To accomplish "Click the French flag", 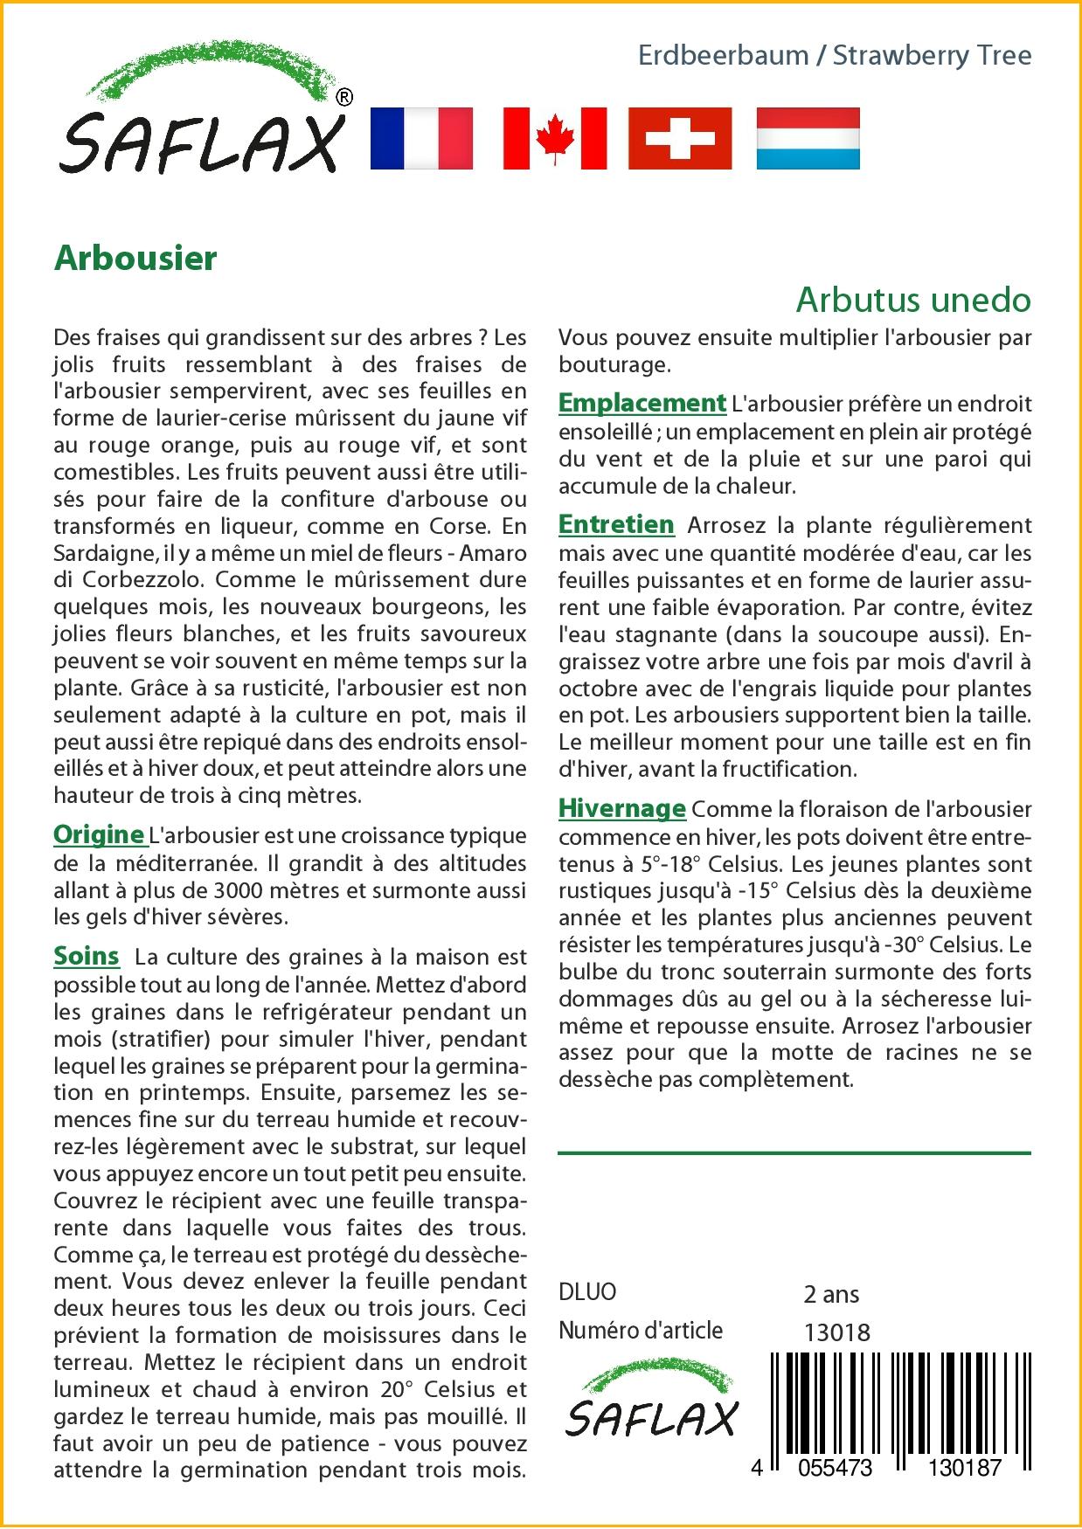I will click(x=421, y=138).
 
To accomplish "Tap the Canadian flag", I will click(x=554, y=138).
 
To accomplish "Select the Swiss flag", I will click(x=681, y=138).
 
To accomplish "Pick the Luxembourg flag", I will click(x=808, y=138).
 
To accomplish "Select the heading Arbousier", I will click(x=135, y=259).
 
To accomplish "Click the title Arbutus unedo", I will click(x=913, y=300).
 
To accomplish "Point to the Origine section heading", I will click(x=99, y=834).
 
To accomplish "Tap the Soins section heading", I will click(x=87, y=956).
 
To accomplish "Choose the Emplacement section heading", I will click(x=642, y=403).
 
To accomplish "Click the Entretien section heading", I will click(x=616, y=524).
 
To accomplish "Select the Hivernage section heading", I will click(x=622, y=808).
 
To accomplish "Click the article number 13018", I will click(x=836, y=1332).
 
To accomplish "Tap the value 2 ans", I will click(x=831, y=1294).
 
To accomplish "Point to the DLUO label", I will click(x=587, y=1292).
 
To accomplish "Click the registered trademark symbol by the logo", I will click(x=344, y=97).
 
